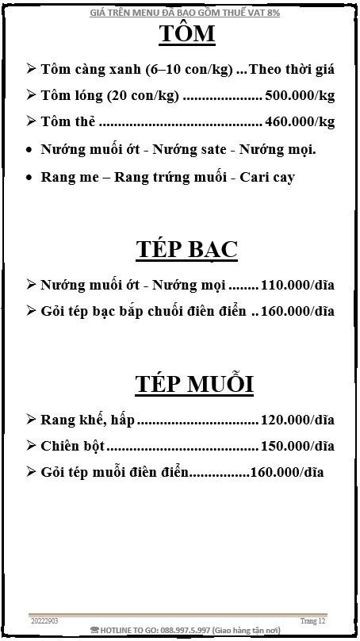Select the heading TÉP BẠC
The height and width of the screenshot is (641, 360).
(x=187, y=249)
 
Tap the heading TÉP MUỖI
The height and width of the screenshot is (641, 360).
(x=193, y=384)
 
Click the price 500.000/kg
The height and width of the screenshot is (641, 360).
(x=300, y=95)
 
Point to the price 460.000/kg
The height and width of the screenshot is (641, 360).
(x=300, y=121)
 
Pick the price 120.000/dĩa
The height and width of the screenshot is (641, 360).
(x=297, y=419)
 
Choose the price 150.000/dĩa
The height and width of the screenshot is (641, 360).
(x=297, y=445)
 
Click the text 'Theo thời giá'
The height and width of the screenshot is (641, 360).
(x=292, y=69)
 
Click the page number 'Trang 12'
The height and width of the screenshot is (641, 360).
(x=313, y=620)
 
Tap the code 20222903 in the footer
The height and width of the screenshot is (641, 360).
(x=44, y=620)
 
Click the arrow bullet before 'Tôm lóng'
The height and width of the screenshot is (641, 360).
(x=30, y=95)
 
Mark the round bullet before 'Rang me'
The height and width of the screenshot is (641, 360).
(x=29, y=176)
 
